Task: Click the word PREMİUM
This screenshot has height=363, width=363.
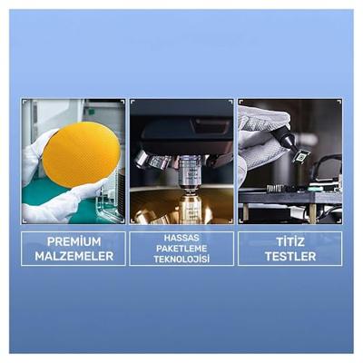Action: (74, 241)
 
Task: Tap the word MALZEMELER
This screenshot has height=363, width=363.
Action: (74, 256)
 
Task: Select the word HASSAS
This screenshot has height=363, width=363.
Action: (181, 238)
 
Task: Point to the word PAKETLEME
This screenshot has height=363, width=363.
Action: (181, 249)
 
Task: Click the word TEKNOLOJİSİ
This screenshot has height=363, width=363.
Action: (181, 260)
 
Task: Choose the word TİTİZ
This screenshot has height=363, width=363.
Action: (290, 241)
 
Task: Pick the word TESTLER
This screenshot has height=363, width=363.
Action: (290, 256)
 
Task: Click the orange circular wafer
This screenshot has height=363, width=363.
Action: (81, 154)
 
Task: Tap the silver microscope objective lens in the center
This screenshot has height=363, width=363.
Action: (188, 172)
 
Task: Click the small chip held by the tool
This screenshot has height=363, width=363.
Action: (301, 156)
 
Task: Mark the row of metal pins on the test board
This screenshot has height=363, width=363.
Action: (275, 188)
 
